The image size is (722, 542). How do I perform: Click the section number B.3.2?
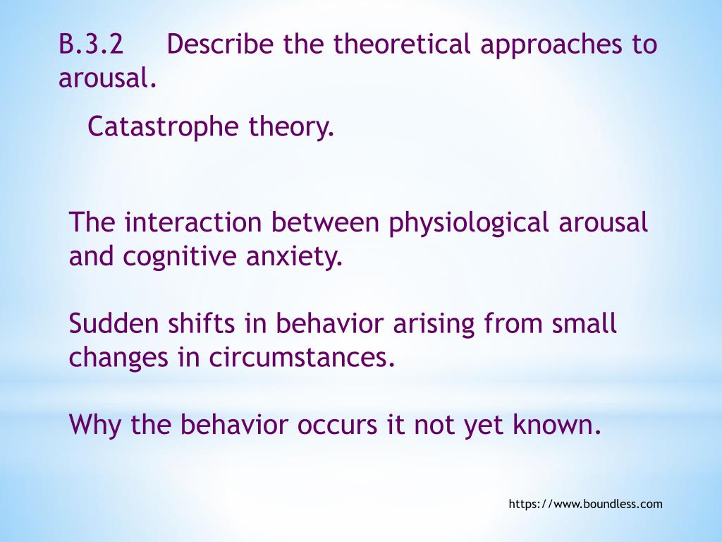[91, 45]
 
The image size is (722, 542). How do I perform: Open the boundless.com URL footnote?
[585, 504]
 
